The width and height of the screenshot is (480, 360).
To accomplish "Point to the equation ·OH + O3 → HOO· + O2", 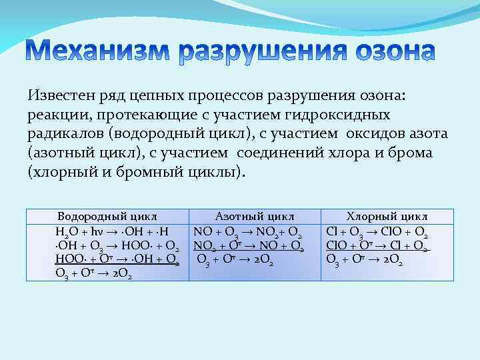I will [x=117, y=245].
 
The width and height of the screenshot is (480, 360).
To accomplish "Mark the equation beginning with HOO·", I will [x=117, y=259].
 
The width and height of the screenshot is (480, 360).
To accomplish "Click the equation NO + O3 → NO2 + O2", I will [x=249, y=233].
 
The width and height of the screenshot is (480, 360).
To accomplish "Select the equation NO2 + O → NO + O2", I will [x=249, y=246].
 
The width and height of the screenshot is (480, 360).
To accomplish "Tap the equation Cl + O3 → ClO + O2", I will [x=377, y=233].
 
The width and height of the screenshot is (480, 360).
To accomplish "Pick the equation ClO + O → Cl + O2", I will [x=377, y=246].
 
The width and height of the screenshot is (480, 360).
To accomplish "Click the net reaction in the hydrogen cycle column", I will [x=93, y=273].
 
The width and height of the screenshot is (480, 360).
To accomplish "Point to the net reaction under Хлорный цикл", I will [x=364, y=259].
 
